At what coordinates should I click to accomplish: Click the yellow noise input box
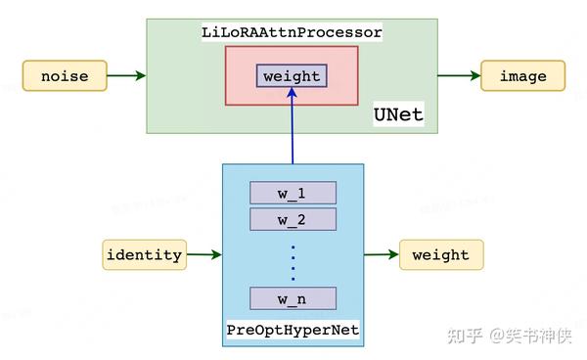pos(64,75)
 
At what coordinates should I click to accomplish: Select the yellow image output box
pos(522,75)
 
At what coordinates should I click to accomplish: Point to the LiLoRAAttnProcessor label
pos(292,32)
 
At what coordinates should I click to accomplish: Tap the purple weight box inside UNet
pos(292,75)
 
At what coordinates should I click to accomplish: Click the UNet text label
pos(398,114)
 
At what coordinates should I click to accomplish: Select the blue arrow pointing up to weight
pos(292,127)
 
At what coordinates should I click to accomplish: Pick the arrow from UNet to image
pos(458,75)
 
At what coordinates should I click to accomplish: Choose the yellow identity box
pos(144,254)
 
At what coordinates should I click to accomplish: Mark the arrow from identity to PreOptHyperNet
pos(203,254)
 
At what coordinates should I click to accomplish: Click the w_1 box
pos(293,192)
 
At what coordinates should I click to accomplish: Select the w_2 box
pos(293,218)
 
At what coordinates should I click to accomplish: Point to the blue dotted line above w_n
pos(293,259)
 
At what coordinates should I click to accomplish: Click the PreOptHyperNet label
pos(293,331)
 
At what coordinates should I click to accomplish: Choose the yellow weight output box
pos(440,254)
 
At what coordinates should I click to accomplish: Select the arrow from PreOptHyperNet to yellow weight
pos(381,254)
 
